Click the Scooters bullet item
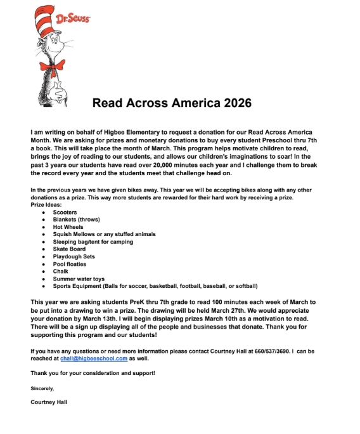pos(65,212)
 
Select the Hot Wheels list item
pos(68,227)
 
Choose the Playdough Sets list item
pos(74,256)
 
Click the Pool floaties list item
pos(70,264)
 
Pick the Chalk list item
pos(60,271)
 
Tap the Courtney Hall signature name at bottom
pos(48,402)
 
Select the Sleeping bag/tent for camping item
pos(93,242)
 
